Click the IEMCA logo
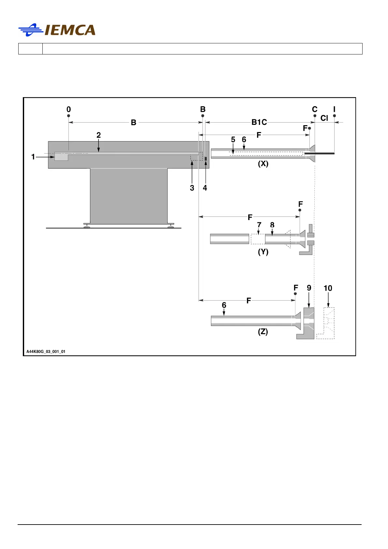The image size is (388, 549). (x=57, y=30)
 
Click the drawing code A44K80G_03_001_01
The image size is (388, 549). (x=46, y=351)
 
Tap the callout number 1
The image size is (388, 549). (x=33, y=157)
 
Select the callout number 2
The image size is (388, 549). (x=98, y=135)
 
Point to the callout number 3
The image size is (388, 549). (x=192, y=188)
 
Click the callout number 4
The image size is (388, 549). (x=205, y=188)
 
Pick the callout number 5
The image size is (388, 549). (x=233, y=140)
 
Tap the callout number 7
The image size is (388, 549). (x=259, y=225)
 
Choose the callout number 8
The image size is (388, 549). (x=272, y=225)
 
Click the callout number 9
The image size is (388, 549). (x=309, y=288)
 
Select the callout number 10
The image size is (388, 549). (x=328, y=288)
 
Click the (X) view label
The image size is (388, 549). (x=263, y=164)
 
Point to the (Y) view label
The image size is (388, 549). (x=263, y=252)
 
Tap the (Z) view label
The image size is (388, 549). (x=263, y=332)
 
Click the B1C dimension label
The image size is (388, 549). (x=259, y=122)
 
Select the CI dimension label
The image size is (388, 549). (x=324, y=118)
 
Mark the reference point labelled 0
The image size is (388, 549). (x=68, y=109)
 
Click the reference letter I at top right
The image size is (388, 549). (x=334, y=109)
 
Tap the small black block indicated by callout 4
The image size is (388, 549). (x=206, y=159)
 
